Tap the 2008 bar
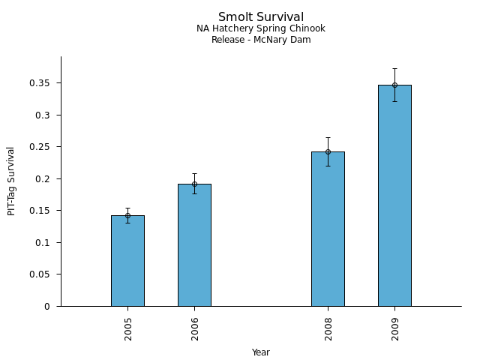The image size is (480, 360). click(328, 229)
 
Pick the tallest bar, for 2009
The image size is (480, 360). click(394, 196)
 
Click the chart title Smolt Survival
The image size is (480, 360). click(261, 17)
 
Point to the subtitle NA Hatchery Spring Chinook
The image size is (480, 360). click(261, 28)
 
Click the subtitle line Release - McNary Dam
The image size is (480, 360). click(261, 40)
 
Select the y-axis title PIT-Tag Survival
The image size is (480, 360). click(11, 181)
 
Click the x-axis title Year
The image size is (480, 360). click(261, 352)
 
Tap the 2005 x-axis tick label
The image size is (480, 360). click(128, 328)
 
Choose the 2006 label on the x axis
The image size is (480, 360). click(195, 328)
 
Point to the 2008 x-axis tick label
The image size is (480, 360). click(328, 328)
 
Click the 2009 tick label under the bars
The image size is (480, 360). click(395, 328)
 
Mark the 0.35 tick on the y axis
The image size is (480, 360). click(40, 83)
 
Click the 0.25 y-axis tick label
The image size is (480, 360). click(40, 147)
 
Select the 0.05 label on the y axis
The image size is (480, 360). click(40, 274)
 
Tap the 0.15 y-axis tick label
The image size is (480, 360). click(40, 211)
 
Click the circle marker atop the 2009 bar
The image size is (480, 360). click(394, 85)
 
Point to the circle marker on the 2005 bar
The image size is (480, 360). click(127, 215)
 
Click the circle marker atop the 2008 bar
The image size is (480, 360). click(328, 151)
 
